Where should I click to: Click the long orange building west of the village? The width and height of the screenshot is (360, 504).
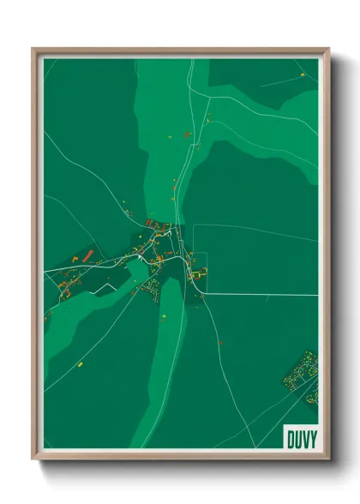tap(87, 255)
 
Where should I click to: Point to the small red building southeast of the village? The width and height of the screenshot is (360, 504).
tap(220, 342)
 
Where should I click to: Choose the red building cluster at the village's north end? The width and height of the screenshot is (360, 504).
tap(157, 225)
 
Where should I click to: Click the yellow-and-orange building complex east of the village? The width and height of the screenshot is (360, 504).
tap(199, 273)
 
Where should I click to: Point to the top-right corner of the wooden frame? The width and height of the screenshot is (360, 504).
tap(328, 50)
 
